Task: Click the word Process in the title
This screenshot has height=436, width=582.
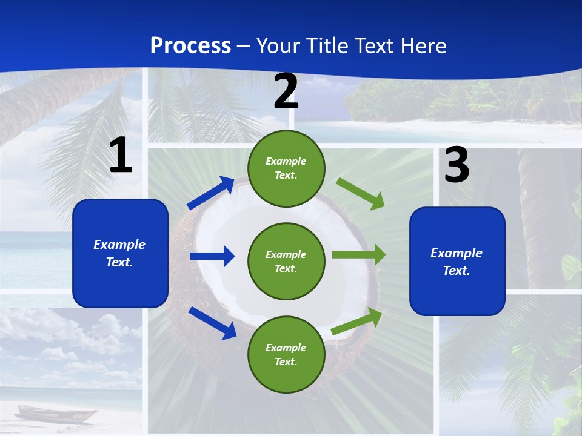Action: click(190, 46)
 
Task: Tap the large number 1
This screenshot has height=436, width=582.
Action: click(121, 156)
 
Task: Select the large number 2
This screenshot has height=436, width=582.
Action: click(286, 92)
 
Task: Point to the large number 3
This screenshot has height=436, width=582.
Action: click(457, 165)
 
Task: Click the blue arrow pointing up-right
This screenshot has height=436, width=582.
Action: click(212, 193)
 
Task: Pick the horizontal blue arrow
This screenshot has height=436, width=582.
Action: click(212, 256)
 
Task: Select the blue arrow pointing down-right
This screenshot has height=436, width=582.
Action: click(213, 323)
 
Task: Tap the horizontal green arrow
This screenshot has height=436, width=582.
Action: click(358, 255)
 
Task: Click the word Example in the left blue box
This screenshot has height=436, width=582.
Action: click(119, 245)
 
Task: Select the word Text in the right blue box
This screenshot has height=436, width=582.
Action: click(456, 271)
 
